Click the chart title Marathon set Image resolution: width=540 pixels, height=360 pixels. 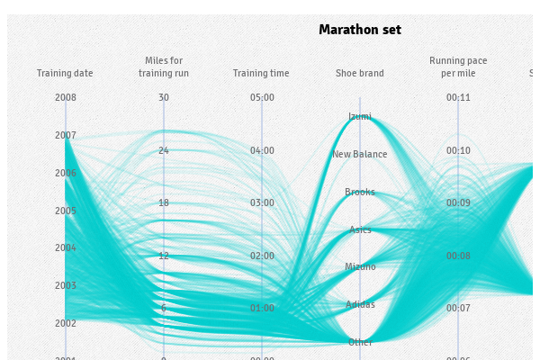pos(360,30)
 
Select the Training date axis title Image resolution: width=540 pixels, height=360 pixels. pos(65,74)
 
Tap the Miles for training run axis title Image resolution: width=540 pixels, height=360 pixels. pos(163,67)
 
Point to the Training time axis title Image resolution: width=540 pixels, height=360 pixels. pos(261,74)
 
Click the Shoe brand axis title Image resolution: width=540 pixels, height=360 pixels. pos(360,74)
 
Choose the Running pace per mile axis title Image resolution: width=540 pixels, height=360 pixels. pos(458,67)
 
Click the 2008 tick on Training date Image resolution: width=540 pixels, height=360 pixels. pos(65,97)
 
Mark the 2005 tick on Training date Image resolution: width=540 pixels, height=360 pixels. pos(65,211)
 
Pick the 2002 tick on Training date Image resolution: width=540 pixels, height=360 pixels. pos(65,323)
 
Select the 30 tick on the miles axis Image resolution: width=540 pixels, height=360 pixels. pos(163,97)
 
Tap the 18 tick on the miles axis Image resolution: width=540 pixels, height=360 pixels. pos(163,202)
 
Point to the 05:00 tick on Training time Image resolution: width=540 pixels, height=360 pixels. pos(261,97)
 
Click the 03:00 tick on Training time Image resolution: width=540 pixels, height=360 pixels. pos(261,202)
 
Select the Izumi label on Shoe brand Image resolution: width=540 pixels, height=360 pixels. pos(360,116)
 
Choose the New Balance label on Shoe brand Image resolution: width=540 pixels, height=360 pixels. pos(360,154)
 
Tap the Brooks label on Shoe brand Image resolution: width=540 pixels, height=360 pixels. pos(360,192)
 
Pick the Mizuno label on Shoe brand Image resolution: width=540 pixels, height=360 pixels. pos(360,266)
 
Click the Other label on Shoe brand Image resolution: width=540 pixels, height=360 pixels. pos(360,342)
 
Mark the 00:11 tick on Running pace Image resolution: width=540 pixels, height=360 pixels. pos(458,97)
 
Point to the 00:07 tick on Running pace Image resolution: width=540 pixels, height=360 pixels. pos(458,308)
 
